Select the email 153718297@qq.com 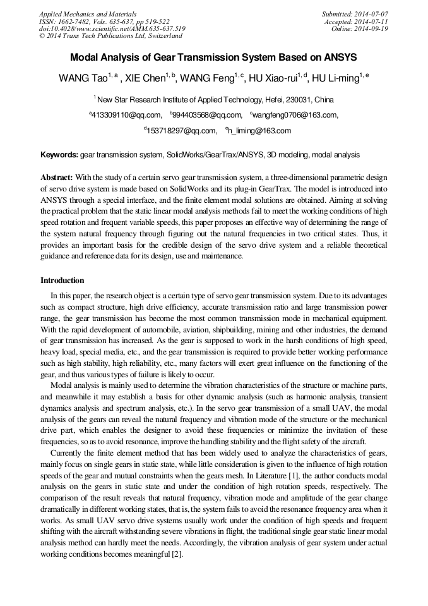pyautogui.click(x=182, y=131)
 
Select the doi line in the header pyautogui.click(x=112, y=28)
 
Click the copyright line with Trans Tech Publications pyautogui.click(x=110, y=36)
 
